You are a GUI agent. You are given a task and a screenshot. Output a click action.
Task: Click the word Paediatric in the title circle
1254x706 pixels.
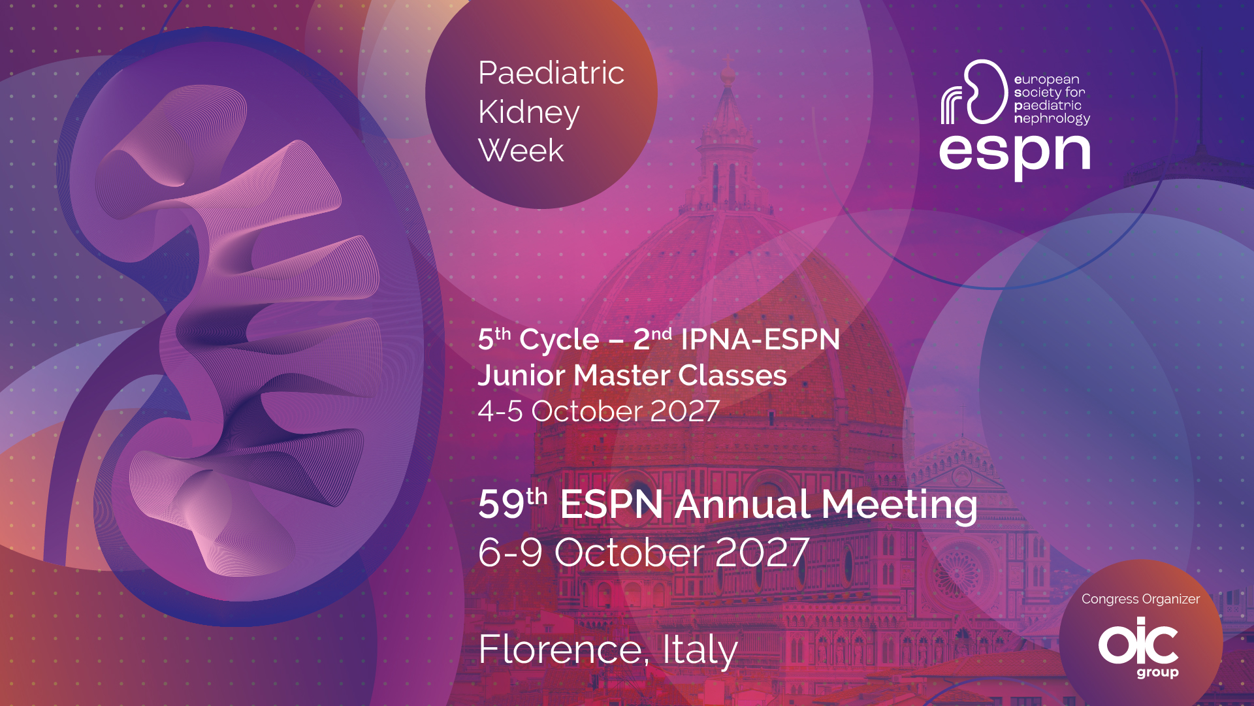tap(551, 72)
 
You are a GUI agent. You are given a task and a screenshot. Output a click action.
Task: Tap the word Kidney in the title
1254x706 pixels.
tap(529, 113)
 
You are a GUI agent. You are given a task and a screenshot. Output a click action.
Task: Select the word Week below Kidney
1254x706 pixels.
tap(521, 151)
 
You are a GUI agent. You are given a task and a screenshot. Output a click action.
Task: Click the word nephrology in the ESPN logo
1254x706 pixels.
tap(1052, 119)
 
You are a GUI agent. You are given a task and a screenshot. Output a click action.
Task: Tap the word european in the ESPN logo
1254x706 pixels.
tap(1047, 80)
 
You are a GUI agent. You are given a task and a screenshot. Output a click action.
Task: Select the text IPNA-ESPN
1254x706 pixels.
tap(760, 340)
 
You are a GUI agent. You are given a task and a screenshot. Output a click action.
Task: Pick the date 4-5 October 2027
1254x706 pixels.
tap(599, 411)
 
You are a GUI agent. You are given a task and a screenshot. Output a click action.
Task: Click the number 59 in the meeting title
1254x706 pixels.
tap(502, 504)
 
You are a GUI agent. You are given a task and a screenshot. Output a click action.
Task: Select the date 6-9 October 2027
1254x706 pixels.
tap(644, 553)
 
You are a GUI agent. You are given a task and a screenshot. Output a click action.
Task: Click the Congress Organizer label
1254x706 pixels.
tap(1140, 600)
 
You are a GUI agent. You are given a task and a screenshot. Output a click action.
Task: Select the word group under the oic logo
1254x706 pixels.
tap(1157, 672)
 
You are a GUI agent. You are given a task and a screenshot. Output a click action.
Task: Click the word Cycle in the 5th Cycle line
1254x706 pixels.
tap(559, 340)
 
